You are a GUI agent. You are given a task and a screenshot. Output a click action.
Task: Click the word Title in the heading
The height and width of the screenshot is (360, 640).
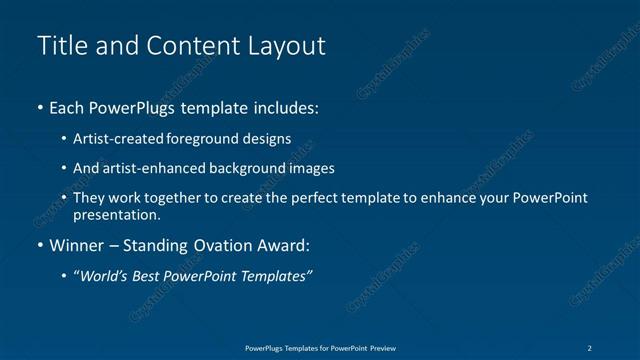(x=59, y=46)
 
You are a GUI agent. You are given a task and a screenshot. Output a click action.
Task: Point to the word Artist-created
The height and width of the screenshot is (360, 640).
(x=120, y=139)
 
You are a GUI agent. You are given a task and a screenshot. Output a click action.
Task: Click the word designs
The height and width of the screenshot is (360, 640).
(x=268, y=139)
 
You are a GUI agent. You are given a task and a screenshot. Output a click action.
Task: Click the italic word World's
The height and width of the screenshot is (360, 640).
(x=104, y=276)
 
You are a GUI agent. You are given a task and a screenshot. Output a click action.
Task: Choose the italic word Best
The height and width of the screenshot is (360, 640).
(x=151, y=276)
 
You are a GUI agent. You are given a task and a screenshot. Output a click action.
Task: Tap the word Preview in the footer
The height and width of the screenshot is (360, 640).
(x=382, y=347)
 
